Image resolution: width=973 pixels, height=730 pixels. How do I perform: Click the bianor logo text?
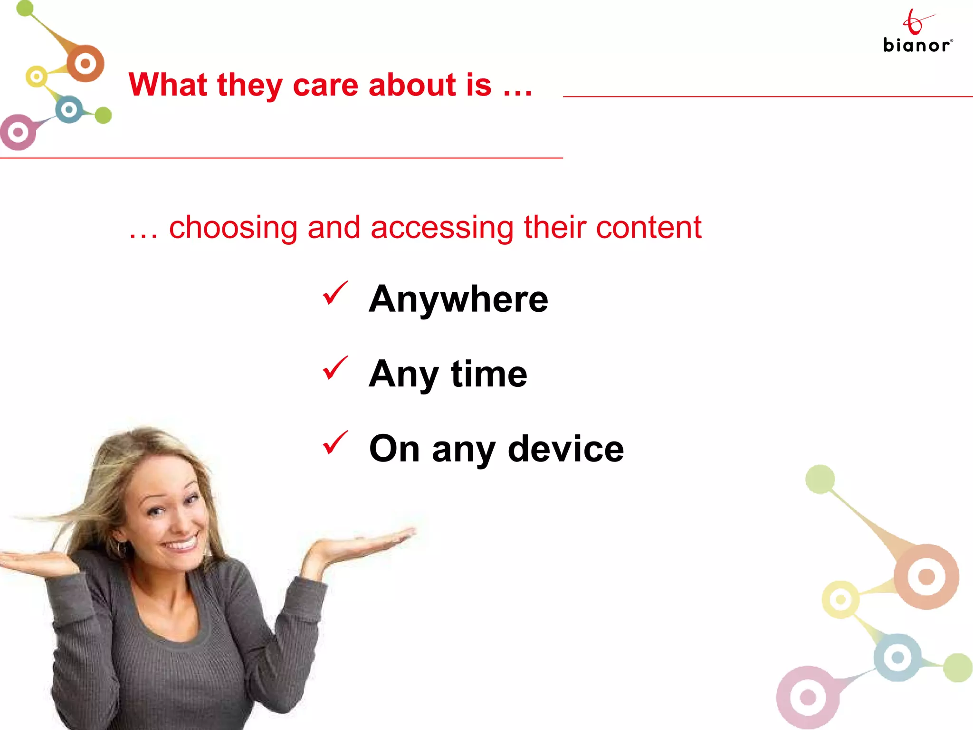[x=916, y=45]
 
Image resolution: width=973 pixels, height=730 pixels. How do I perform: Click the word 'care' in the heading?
[x=325, y=85]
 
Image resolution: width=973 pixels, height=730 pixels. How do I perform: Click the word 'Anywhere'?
[x=458, y=299]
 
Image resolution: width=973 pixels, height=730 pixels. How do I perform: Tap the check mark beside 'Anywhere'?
[x=335, y=293]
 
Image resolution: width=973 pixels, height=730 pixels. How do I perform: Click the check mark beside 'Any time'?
[x=335, y=368]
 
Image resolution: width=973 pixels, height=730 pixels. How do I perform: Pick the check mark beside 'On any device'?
[x=335, y=443]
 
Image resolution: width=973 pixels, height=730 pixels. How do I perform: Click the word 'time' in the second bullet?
[x=489, y=374]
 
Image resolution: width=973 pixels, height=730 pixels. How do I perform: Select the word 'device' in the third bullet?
[x=565, y=449]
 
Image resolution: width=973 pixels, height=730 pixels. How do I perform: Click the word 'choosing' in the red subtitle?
[x=233, y=228]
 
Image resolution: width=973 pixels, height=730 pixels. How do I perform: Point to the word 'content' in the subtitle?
[x=649, y=228]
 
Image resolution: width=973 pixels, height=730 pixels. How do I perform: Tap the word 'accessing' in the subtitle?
[x=442, y=228]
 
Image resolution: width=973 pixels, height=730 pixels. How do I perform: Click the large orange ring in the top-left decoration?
[x=86, y=63]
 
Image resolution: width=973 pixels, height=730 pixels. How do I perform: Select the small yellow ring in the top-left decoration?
[x=37, y=77]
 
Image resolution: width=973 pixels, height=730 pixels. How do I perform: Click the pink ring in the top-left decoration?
[x=18, y=132]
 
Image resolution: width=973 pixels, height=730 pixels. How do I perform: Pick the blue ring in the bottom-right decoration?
[x=897, y=657]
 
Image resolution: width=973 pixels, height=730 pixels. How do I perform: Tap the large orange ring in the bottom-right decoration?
[x=926, y=576]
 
